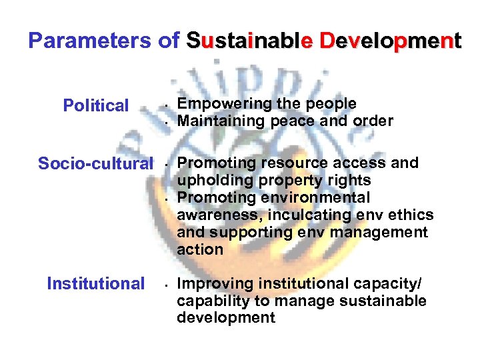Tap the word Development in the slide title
(391, 41)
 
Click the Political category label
(95, 105)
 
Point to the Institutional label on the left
(95, 283)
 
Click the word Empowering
(215, 104)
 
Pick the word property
(277, 181)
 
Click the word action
(200, 250)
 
